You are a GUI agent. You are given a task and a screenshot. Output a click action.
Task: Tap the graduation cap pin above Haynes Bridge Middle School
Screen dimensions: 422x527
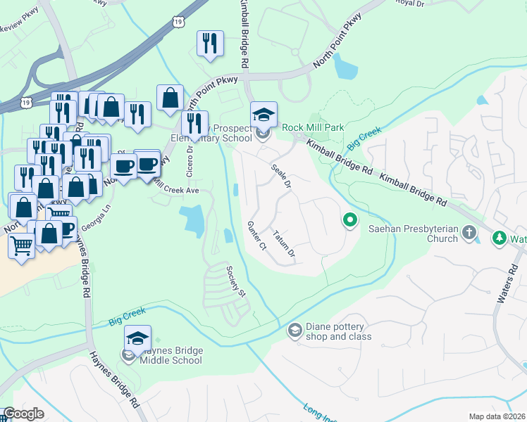137,338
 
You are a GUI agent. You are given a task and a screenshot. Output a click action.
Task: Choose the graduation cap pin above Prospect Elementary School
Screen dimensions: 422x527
263,114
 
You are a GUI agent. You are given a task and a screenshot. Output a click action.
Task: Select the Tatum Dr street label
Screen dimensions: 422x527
284,243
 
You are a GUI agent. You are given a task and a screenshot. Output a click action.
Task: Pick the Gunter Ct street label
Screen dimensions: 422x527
256,236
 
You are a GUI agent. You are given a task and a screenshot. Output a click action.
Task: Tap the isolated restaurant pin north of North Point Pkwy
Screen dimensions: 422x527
210,44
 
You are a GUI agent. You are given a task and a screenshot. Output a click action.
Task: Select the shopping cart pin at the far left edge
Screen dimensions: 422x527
21,247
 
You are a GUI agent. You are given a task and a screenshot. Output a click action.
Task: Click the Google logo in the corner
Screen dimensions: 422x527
23,414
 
